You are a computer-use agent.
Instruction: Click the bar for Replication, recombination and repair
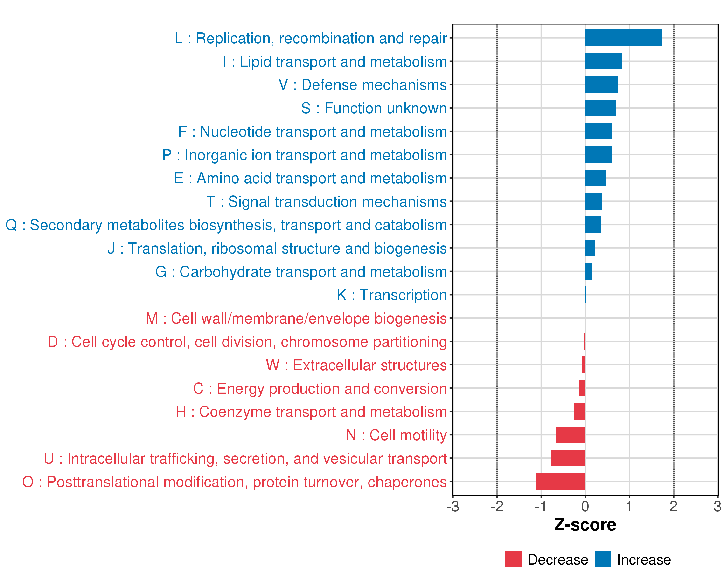(x=624, y=38)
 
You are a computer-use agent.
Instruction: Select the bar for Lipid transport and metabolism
(x=603, y=62)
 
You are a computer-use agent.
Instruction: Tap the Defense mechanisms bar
(x=601, y=85)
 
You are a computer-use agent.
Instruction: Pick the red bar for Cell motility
(x=570, y=435)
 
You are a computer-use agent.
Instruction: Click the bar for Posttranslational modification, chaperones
(x=561, y=482)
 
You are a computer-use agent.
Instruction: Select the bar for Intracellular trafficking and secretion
(x=568, y=458)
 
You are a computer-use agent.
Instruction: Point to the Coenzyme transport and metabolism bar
(x=580, y=412)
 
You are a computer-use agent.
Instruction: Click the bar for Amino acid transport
(x=595, y=178)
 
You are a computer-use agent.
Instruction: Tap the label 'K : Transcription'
(x=392, y=295)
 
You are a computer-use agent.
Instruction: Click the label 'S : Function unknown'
(x=374, y=108)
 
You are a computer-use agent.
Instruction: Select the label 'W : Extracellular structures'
(x=356, y=365)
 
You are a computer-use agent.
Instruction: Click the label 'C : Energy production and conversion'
(x=320, y=389)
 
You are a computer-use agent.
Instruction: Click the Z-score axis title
(x=585, y=525)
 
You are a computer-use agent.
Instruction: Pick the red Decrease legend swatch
(x=513, y=559)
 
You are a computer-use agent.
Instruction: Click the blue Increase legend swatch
(x=602, y=559)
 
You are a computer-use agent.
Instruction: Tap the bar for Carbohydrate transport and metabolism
(x=589, y=271)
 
